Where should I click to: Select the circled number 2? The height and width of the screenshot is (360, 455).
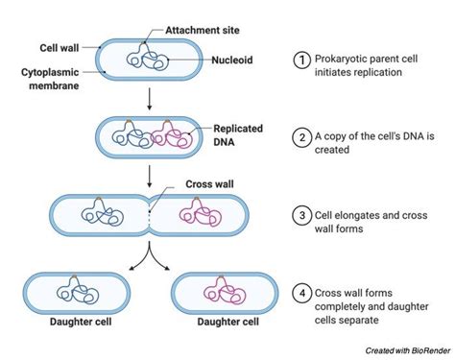[301, 136]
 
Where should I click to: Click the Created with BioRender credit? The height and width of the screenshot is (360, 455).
[404, 352]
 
